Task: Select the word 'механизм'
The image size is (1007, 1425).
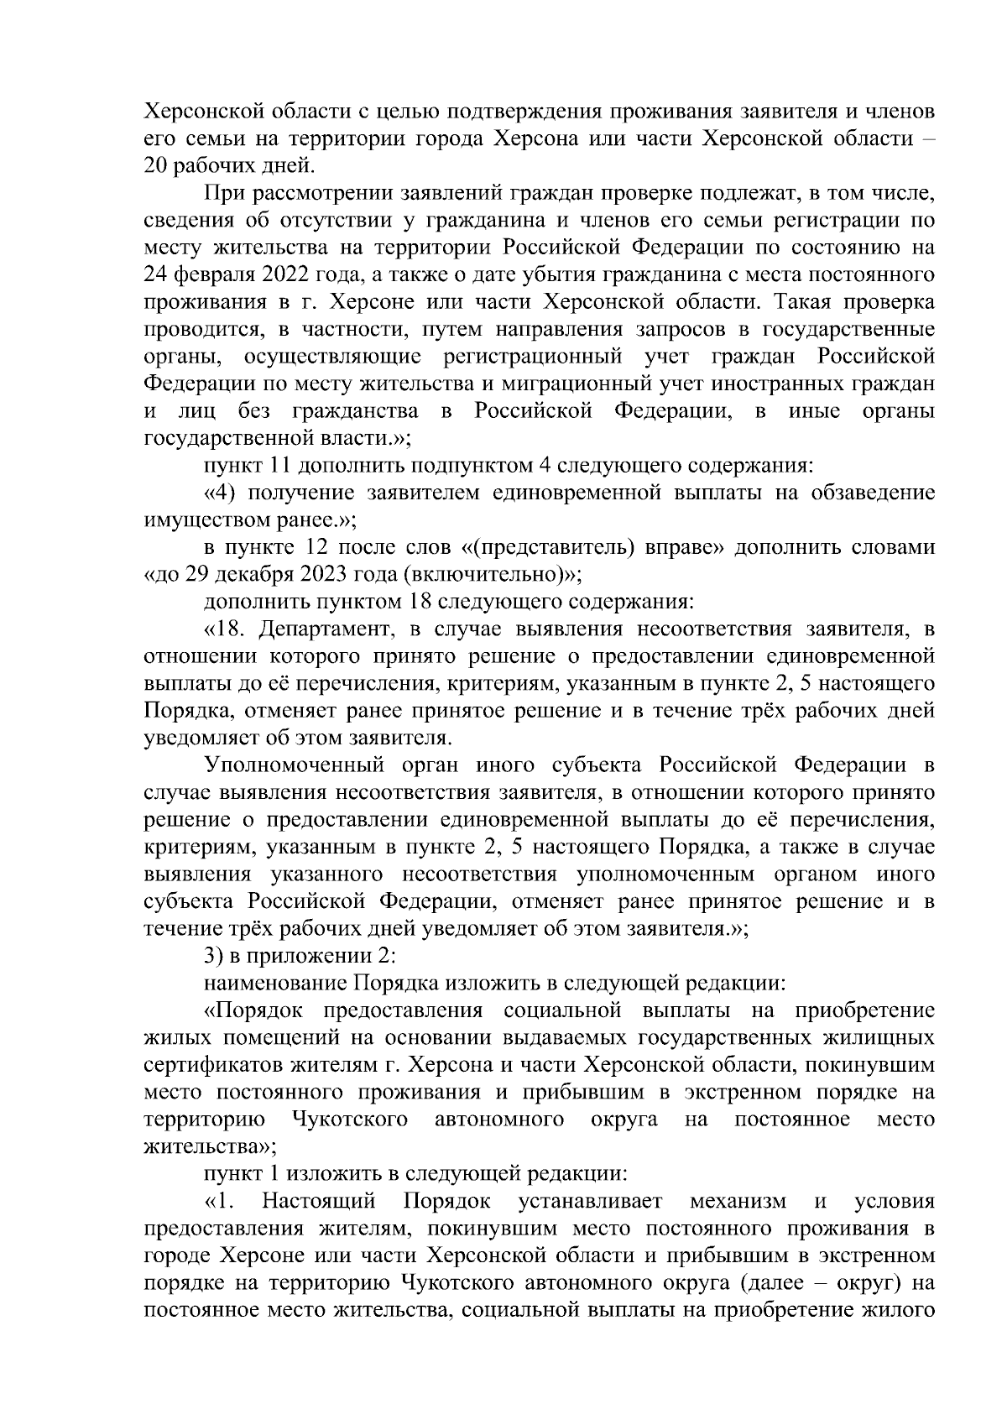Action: [x=736, y=1202]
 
